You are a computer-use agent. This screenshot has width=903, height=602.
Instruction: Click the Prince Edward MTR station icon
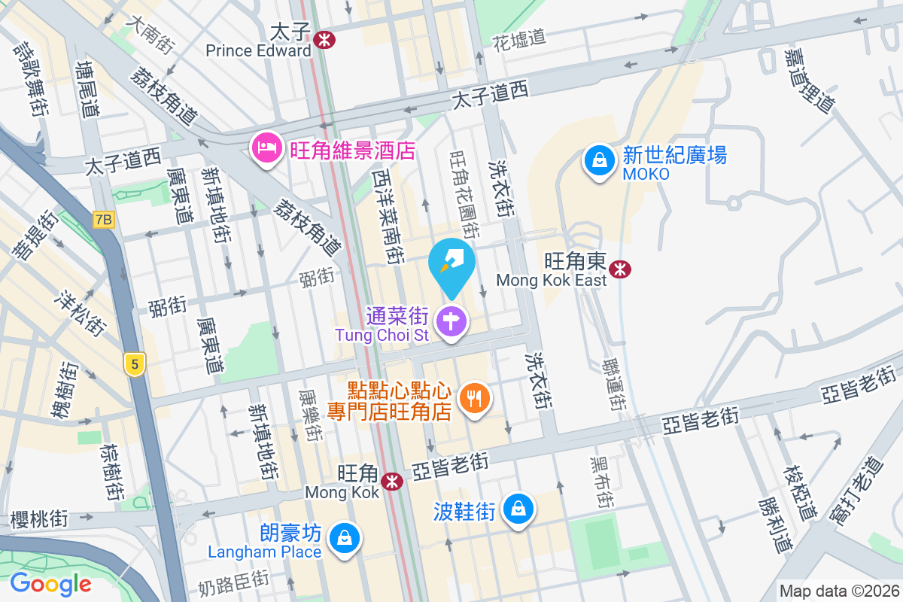(325, 40)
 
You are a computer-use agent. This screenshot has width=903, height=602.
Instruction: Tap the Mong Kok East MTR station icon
(620, 269)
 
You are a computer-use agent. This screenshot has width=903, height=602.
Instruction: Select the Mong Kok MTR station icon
(391, 481)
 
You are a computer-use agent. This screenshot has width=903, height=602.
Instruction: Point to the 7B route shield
(104, 220)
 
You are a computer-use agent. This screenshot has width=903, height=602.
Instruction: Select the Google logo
(50, 583)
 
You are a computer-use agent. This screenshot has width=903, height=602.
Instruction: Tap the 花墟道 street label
(518, 39)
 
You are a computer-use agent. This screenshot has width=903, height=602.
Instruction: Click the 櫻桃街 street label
(39, 519)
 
